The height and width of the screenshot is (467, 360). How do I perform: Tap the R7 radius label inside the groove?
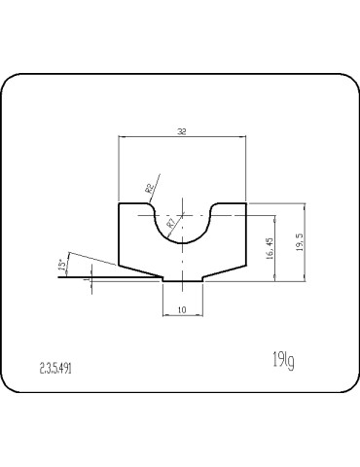click(171, 224)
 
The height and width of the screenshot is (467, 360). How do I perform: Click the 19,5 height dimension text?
click(298, 241)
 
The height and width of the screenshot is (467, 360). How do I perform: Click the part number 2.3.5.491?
click(55, 368)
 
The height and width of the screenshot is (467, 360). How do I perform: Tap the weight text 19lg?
click(283, 362)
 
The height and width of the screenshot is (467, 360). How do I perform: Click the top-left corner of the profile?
click(119, 203)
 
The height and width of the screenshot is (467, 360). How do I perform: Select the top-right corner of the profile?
click(245, 203)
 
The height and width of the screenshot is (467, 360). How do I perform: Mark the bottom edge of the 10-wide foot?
click(182, 282)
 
